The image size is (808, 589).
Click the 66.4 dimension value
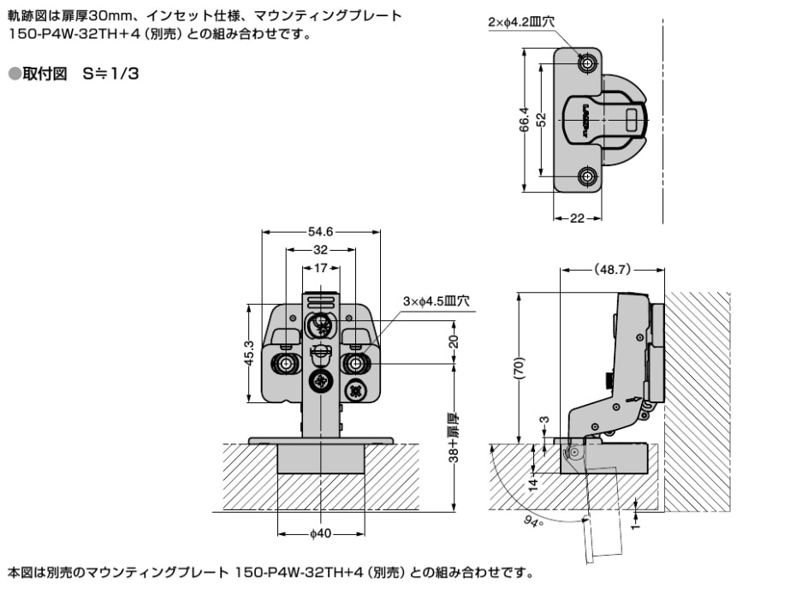coord(525,120)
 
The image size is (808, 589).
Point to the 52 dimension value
coord(541,120)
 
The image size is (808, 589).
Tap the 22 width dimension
coord(577,218)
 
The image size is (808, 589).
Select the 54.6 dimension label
coord(320,232)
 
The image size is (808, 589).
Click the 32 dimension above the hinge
coord(320,250)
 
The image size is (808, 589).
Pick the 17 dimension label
coord(320,268)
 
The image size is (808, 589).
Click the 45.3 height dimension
coord(249,353)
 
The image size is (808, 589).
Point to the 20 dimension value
coord(454,341)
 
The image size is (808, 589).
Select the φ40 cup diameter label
coord(320,534)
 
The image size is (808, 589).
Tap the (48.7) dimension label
coord(612,270)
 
